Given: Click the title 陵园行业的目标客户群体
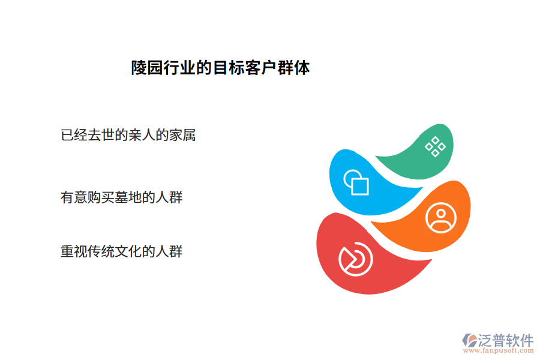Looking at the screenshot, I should click(x=220, y=68).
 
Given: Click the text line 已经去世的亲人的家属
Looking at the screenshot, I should click(x=128, y=135).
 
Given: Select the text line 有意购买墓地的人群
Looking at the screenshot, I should click(x=122, y=197).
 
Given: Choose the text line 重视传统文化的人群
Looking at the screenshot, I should click(x=122, y=251).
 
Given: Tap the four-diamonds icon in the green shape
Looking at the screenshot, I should click(x=435, y=146).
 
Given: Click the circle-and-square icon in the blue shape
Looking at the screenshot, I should click(x=355, y=182).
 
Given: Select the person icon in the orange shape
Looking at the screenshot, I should click(x=441, y=217).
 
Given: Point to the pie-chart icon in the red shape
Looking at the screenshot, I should click(x=355, y=259).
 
